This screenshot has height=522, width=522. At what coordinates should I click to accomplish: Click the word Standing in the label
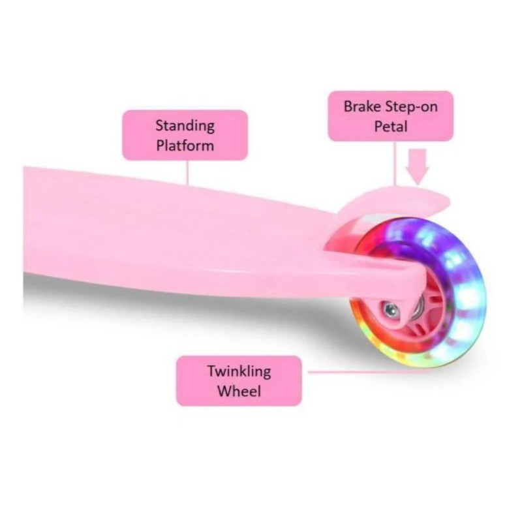coord(185,125)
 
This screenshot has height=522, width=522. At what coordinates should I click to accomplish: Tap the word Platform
coord(185,144)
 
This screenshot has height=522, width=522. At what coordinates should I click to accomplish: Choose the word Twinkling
coord(239,371)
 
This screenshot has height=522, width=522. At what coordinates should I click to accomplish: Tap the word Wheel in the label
coord(239,391)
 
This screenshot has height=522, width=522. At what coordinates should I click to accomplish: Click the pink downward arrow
coord(417,167)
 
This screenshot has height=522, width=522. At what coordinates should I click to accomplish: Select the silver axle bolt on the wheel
coord(391,309)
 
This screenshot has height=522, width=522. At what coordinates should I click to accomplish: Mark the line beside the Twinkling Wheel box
coord(339,373)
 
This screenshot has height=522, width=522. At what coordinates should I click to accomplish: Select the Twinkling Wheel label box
coord(239,380)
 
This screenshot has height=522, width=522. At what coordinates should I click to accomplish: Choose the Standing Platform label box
coord(185,134)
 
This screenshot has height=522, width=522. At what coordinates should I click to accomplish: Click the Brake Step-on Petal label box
coord(390,115)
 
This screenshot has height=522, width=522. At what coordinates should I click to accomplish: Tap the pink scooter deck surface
coord(163,222)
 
